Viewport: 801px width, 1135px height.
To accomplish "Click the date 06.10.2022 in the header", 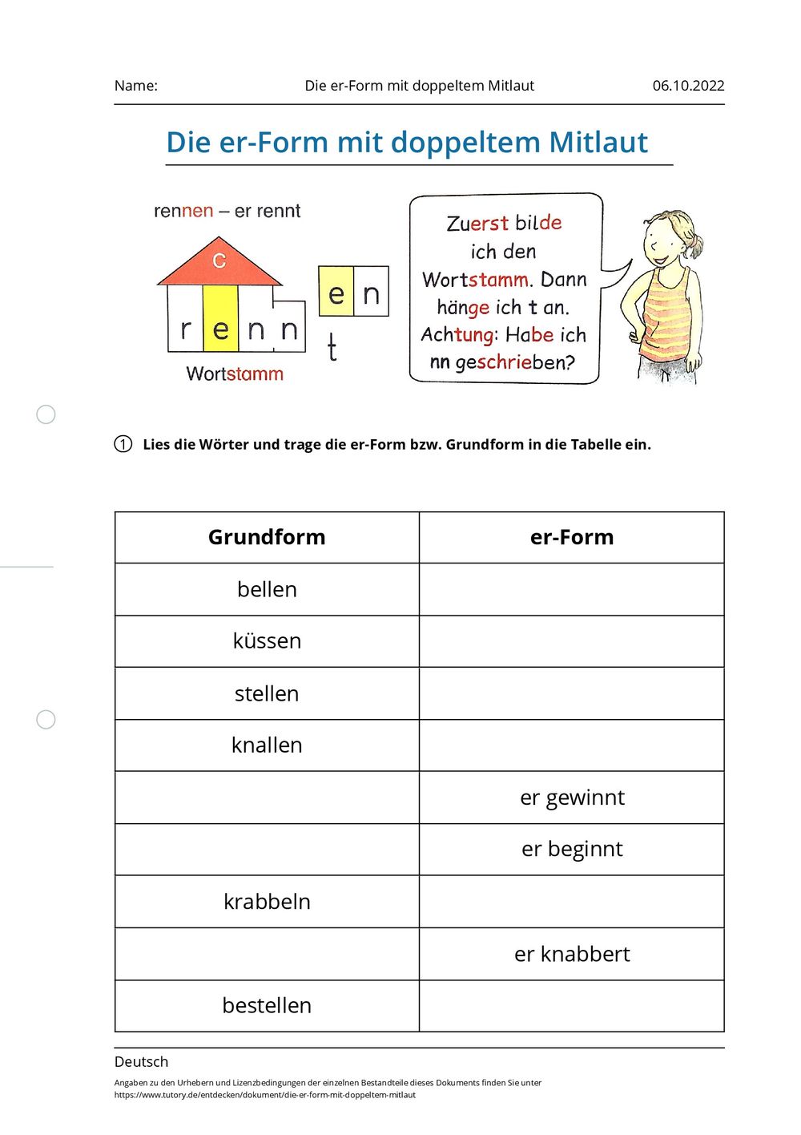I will click(x=687, y=86).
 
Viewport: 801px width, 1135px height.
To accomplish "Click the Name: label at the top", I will click(x=135, y=86).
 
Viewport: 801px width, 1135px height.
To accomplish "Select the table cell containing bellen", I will click(x=267, y=589).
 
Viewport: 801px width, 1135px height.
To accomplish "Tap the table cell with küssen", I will click(x=267, y=641).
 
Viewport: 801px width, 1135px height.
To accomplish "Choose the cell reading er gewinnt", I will click(x=572, y=798).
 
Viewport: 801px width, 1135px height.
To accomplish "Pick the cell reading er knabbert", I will click(x=572, y=954).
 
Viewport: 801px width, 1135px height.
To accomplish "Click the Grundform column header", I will click(x=267, y=537).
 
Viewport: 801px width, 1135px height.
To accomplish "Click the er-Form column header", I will click(x=572, y=537).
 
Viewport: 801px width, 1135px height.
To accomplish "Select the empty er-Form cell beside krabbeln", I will click(x=572, y=902).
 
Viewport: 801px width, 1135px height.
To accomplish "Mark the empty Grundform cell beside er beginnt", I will click(x=267, y=850).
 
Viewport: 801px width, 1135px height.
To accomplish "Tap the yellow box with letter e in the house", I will click(x=220, y=319).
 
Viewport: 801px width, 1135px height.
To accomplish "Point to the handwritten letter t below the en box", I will click(x=332, y=349).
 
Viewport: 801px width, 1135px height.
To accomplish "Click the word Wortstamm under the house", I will click(x=235, y=374).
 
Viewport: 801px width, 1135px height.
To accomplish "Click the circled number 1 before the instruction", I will click(x=123, y=444).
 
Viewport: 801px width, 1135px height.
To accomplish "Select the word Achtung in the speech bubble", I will click(x=457, y=334).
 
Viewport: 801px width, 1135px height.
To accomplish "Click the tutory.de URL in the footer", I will click(x=264, y=1094).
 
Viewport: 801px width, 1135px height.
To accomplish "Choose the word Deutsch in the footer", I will click(x=141, y=1061).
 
